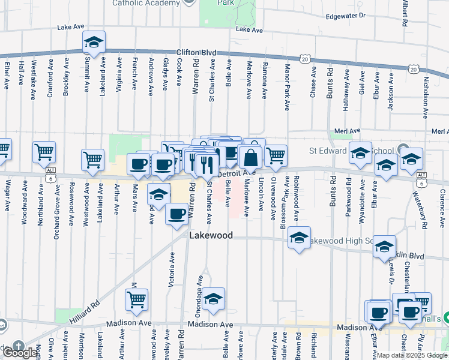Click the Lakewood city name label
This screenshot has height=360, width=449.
(211, 236)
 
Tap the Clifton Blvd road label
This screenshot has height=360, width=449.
(196, 53)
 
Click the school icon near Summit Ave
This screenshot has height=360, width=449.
(94, 43)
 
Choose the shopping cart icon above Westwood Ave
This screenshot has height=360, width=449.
(93, 160)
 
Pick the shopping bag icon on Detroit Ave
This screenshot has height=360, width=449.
(251, 158)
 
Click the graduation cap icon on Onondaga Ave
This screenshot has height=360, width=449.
(212, 299)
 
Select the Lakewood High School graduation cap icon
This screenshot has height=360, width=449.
(299, 238)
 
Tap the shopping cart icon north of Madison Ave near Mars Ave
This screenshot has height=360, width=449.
(137, 300)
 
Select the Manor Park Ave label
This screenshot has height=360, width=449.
(287, 87)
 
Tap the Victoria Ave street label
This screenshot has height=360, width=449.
(172, 268)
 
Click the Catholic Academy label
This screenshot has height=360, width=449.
(146, 2)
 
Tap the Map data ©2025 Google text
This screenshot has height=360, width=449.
(412, 355)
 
